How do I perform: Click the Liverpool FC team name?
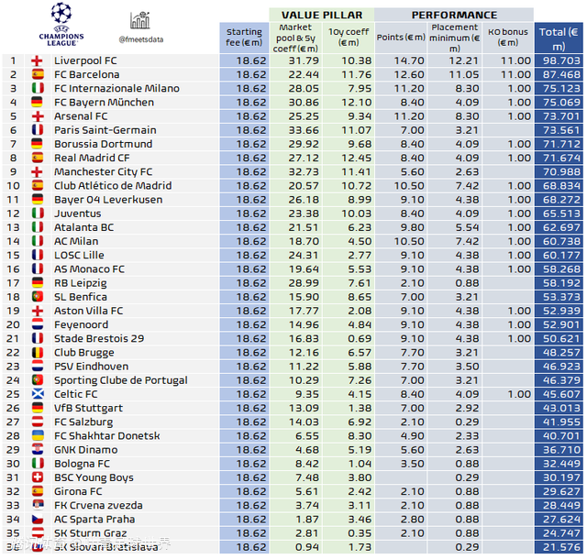pyautogui.click(x=85, y=60)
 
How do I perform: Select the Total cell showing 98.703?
pyautogui.click(x=559, y=60)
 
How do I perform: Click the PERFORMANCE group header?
pyautogui.click(x=454, y=15)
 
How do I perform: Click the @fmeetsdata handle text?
pyautogui.click(x=141, y=39)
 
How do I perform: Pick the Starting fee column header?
pyautogui.click(x=244, y=36)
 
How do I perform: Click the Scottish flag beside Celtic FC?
pyautogui.click(x=38, y=394)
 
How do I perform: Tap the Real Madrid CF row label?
pyautogui.click(x=92, y=158)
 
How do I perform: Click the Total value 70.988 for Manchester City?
pyautogui.click(x=559, y=171)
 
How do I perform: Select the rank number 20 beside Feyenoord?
pyautogui.click(x=13, y=324)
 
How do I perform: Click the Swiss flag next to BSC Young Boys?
pyautogui.click(x=38, y=477)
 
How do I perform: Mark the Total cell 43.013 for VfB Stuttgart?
pyautogui.click(x=559, y=408)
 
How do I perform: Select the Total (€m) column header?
pyautogui.click(x=559, y=36)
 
